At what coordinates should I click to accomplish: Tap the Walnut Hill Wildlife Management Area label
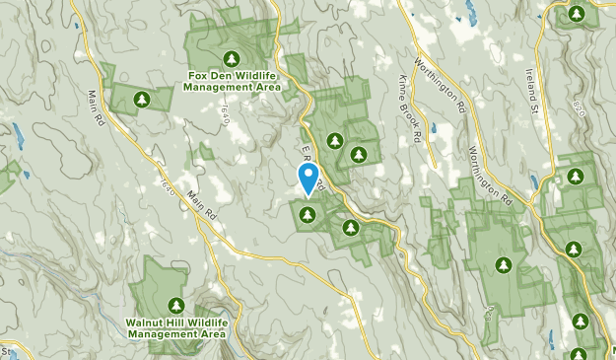point(176,327)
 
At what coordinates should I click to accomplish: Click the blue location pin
point(308,179)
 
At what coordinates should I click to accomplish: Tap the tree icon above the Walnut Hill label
point(176,305)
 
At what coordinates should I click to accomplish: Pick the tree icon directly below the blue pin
point(308,214)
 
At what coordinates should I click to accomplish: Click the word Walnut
point(145,322)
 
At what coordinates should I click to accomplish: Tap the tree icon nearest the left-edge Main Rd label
point(141,99)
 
